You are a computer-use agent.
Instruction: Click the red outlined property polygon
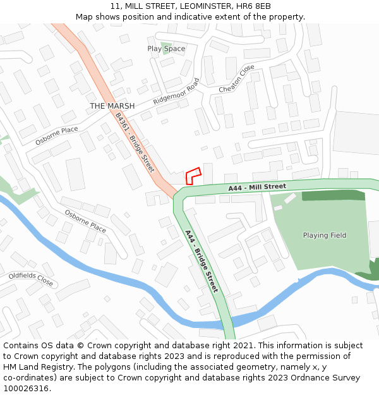193,175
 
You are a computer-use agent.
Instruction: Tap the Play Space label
166,49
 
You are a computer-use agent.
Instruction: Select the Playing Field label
325,235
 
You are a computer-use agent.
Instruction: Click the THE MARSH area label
112,106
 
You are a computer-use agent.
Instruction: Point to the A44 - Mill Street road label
257,188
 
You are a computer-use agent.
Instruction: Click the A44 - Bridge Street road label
202,260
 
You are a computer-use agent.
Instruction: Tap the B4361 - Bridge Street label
135,142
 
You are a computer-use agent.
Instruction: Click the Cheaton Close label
237,78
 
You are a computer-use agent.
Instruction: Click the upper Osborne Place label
56,135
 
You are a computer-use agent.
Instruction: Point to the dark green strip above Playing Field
333,195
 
